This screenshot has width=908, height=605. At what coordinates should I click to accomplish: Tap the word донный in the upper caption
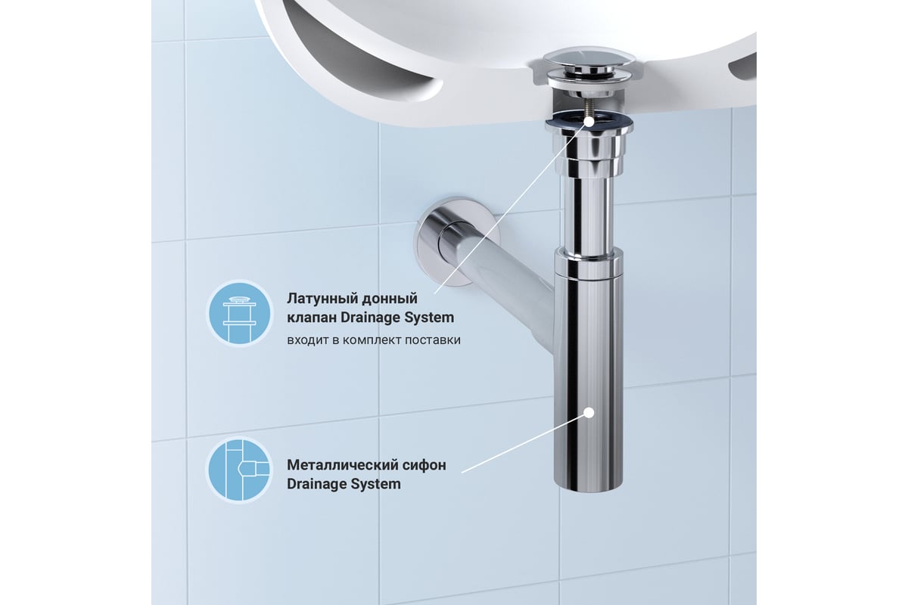(389, 299)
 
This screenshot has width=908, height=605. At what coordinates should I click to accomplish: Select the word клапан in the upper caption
(312, 318)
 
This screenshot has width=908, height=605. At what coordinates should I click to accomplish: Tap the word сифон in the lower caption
(424, 465)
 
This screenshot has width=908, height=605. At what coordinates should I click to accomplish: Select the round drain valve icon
(239, 314)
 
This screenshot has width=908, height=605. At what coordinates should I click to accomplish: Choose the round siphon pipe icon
(239, 470)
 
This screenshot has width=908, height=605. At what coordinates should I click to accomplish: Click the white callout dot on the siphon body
(589, 412)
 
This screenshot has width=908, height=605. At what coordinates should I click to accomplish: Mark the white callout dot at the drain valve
(589, 120)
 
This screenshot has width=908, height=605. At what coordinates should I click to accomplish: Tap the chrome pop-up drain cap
(589, 59)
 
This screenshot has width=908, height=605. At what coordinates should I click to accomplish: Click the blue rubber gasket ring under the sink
(588, 120)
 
